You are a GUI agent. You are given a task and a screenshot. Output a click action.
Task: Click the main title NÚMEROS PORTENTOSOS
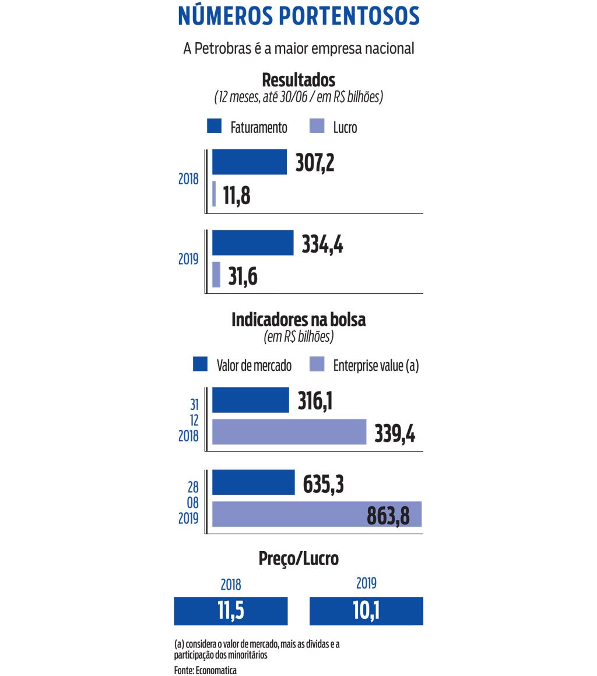click(298, 17)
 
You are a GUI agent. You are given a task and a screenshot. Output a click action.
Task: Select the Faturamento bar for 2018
click(249, 162)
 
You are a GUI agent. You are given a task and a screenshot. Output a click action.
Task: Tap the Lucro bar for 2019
click(216, 274)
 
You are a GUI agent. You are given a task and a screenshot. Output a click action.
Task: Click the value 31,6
click(243, 276)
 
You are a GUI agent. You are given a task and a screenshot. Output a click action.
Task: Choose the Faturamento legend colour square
click(214, 127)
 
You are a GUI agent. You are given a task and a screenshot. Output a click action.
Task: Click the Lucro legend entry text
click(345, 128)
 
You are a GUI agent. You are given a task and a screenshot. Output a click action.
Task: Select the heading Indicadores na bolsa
click(298, 320)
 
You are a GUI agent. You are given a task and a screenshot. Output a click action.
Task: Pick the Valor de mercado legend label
click(254, 366)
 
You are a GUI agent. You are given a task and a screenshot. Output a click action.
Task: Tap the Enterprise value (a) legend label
click(376, 366)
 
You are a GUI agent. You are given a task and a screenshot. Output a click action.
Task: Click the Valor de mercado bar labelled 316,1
click(250, 400)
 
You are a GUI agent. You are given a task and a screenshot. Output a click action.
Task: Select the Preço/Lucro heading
click(298, 559)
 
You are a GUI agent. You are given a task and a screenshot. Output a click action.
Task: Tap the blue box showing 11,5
click(231, 611)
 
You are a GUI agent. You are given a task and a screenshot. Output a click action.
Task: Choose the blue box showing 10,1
click(366, 611)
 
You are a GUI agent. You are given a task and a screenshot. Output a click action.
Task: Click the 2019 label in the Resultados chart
click(188, 260)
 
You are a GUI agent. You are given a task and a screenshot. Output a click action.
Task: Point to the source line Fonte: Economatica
click(205, 670)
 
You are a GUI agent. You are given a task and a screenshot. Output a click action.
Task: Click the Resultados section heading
click(298, 79)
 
